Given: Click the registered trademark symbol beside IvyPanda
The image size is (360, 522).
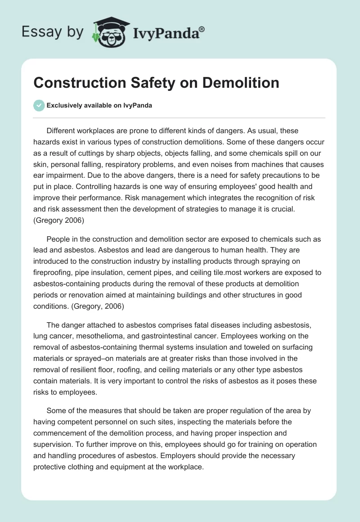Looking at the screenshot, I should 202,29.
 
